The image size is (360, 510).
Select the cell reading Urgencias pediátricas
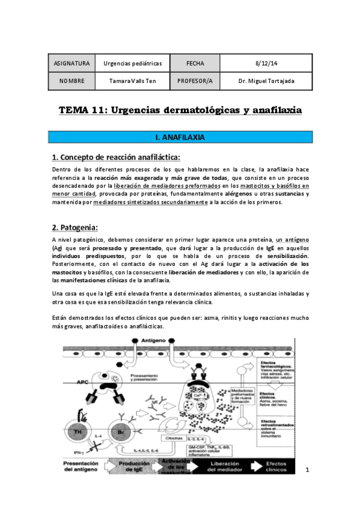(x=133, y=63)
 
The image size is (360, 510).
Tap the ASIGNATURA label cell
(x=72, y=63)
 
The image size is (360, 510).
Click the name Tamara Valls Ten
(x=133, y=81)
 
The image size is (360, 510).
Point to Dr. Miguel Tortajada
(x=266, y=81)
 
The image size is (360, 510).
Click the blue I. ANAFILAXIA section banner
(x=180, y=138)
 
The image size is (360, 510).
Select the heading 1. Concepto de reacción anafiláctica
(x=115, y=158)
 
